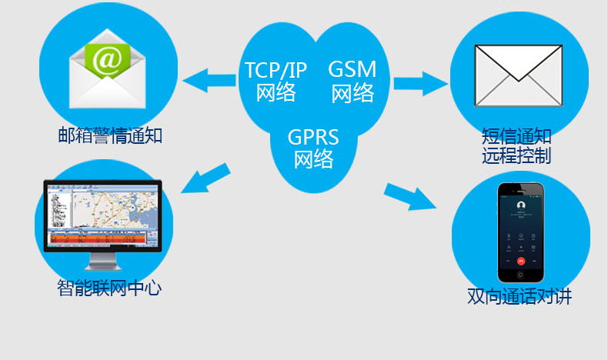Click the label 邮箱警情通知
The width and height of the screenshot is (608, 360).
(x=110, y=136)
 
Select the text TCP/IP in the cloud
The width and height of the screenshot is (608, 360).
(x=276, y=69)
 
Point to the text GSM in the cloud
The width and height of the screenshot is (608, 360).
(x=352, y=68)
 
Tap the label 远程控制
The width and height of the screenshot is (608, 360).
(x=516, y=156)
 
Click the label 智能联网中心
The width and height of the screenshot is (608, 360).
(x=109, y=288)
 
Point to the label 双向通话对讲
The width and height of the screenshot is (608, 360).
(x=519, y=296)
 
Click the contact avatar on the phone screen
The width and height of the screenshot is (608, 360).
(x=521, y=205)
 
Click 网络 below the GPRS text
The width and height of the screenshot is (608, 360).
(x=313, y=159)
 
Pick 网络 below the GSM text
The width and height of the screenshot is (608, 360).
(x=352, y=93)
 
